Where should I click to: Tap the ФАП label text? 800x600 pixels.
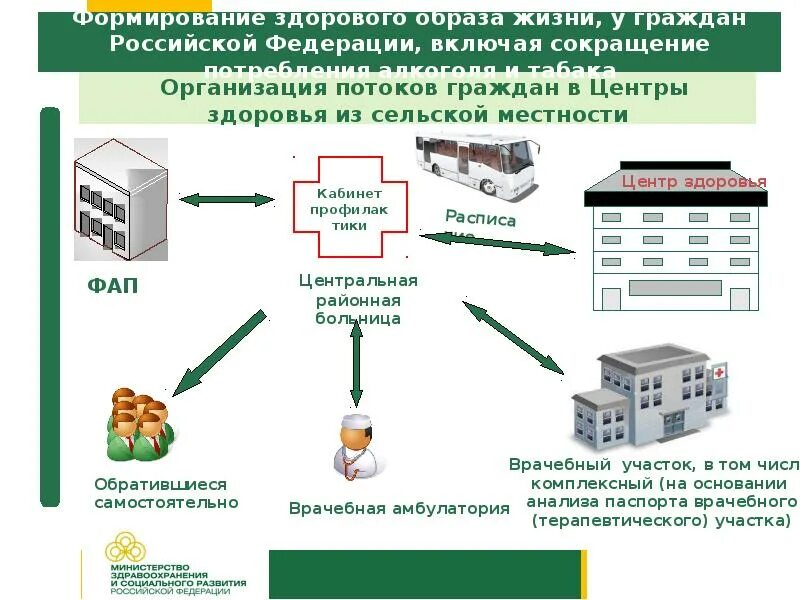113,287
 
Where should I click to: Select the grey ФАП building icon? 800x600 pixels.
120,200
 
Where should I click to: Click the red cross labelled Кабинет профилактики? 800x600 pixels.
349,208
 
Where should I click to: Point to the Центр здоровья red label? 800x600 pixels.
693,182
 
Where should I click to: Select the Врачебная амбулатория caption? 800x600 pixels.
399,509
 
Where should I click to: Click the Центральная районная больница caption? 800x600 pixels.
358,299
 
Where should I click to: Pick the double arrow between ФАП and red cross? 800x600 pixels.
226,200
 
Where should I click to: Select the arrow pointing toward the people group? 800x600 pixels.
219,352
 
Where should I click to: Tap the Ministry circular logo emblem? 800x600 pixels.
126,549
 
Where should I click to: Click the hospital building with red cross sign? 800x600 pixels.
651,396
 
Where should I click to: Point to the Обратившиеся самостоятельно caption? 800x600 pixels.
166,493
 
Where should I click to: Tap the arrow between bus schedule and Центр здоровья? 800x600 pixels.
500,244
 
